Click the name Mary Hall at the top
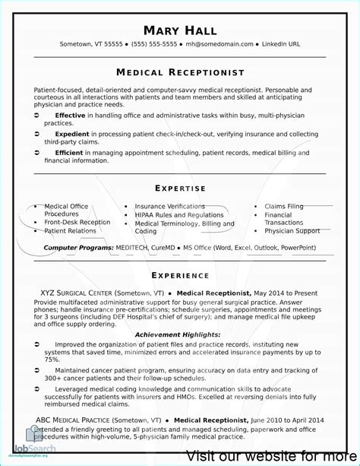pos(180,30)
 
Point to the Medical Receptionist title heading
pos(180,72)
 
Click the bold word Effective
pos(71,114)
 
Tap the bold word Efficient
pos(69,151)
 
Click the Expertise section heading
pos(180,188)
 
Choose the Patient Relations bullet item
pos(70,230)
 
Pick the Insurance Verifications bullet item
pos(169,206)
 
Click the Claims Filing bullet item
pos(283,206)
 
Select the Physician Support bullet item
pos(292,230)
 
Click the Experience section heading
pos(180,274)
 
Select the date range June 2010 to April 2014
pos(286,420)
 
